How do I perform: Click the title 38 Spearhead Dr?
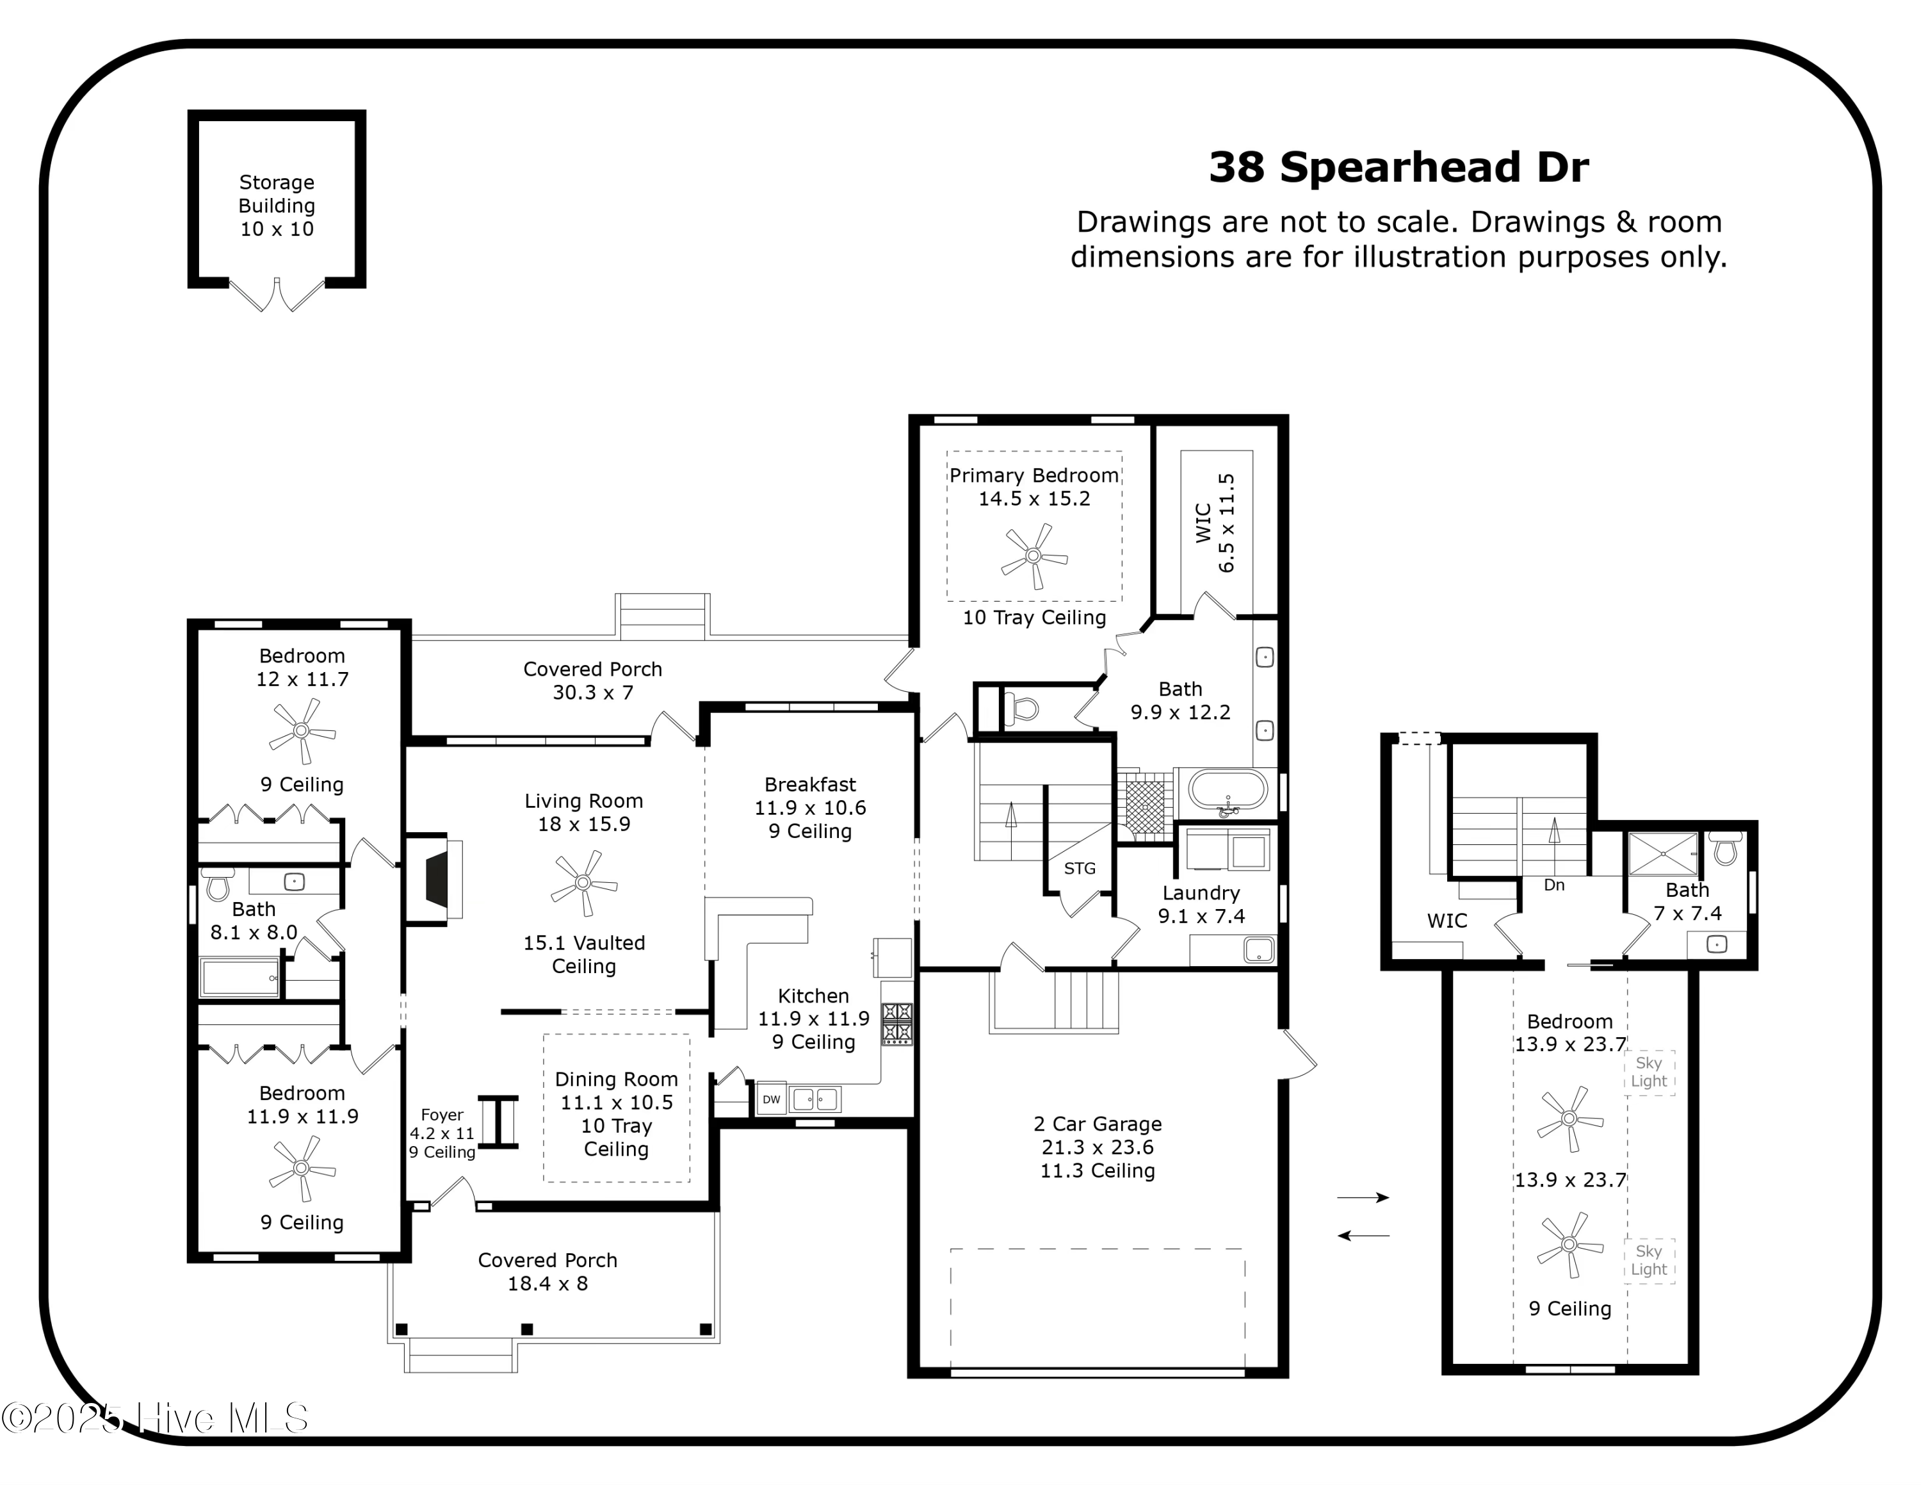pos(1398,167)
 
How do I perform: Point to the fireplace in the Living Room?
pos(437,880)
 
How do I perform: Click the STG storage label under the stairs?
pos(1079,868)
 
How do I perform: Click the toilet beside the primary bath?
pos(1021,708)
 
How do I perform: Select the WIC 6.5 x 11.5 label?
pos(1215,523)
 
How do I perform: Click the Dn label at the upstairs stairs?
pos(1553,885)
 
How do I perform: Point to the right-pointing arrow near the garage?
pos(1363,1197)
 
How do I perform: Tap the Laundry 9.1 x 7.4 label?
pos(1201,905)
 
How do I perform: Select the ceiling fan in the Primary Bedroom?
pos(1033,556)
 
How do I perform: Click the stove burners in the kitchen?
pos(897,1024)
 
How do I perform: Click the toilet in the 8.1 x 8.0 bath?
pos(217,884)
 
